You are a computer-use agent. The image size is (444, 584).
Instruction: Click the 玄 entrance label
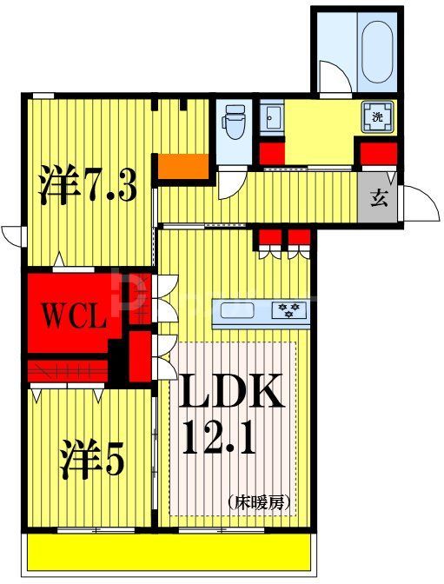(x=380, y=196)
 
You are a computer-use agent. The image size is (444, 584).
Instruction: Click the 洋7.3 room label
(x=87, y=184)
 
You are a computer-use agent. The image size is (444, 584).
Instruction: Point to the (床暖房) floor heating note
(x=259, y=501)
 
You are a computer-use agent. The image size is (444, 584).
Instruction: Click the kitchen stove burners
(x=288, y=309)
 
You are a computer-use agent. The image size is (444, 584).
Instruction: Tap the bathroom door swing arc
(x=334, y=76)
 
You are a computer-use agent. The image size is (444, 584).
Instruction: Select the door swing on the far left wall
(x=12, y=235)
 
